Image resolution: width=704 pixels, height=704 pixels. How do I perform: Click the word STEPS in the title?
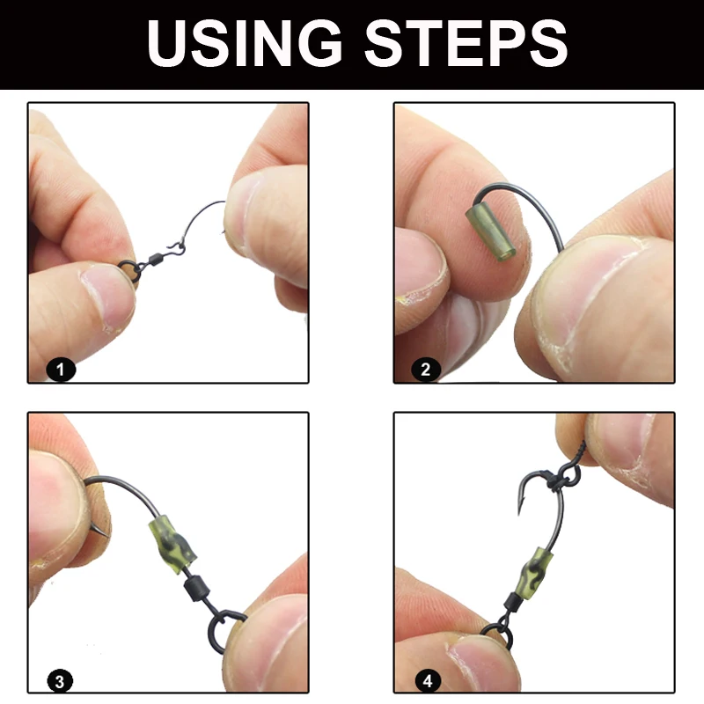466,43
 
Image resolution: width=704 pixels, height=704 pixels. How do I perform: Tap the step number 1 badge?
60,370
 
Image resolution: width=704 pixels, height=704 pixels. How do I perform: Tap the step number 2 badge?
425,370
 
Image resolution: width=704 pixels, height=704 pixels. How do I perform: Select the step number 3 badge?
60,680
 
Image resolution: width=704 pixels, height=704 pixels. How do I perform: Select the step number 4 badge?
425,680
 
